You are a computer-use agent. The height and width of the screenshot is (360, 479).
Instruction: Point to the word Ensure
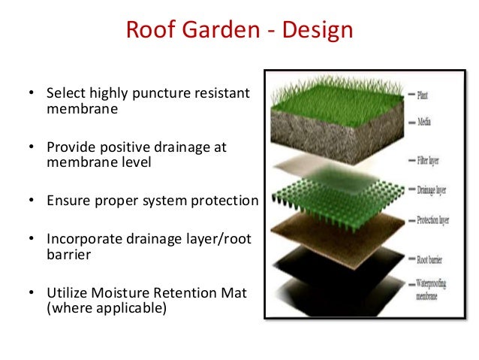pyautogui.click(x=68, y=201)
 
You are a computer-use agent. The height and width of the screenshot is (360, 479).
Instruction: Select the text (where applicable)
pyautogui.click(x=106, y=307)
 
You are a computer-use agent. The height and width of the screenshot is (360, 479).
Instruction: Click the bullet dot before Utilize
pyautogui.click(x=32, y=294)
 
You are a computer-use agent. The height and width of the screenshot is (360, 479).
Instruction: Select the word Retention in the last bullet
pyautogui.click(x=185, y=293)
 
